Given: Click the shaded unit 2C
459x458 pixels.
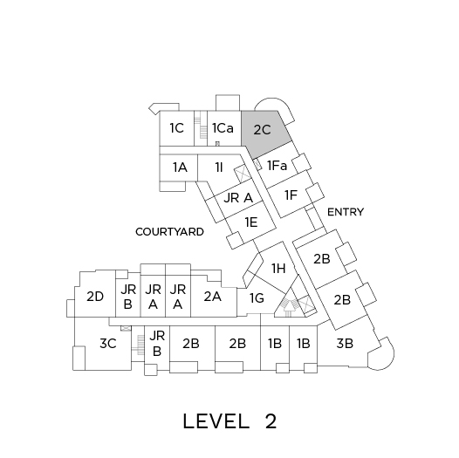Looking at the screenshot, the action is click(264, 132).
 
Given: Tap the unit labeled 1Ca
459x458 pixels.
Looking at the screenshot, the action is click(224, 128).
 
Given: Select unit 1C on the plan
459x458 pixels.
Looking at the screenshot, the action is click(177, 128).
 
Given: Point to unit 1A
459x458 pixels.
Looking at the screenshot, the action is click(179, 167).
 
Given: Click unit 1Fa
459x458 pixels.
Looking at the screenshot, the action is click(277, 166).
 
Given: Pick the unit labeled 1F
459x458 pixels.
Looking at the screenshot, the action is click(291, 195).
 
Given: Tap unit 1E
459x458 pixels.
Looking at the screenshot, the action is click(251, 222).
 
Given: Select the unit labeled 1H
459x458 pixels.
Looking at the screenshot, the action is click(278, 268).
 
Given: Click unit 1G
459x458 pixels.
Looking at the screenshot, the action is click(257, 298).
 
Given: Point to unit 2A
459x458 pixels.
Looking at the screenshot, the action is click(213, 297).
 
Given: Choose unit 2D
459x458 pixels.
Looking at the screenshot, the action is click(95, 297).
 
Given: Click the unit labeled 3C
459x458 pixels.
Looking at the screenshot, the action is click(107, 344).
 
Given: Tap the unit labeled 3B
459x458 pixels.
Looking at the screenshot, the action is click(345, 344).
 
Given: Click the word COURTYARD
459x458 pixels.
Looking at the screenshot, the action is click(169, 232).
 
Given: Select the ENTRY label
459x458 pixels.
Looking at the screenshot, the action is click(346, 212).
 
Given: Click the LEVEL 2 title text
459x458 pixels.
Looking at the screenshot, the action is click(229, 421).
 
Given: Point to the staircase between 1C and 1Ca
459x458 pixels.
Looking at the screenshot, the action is click(201, 128).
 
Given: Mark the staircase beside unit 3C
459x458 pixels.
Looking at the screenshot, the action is click(138, 345).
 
